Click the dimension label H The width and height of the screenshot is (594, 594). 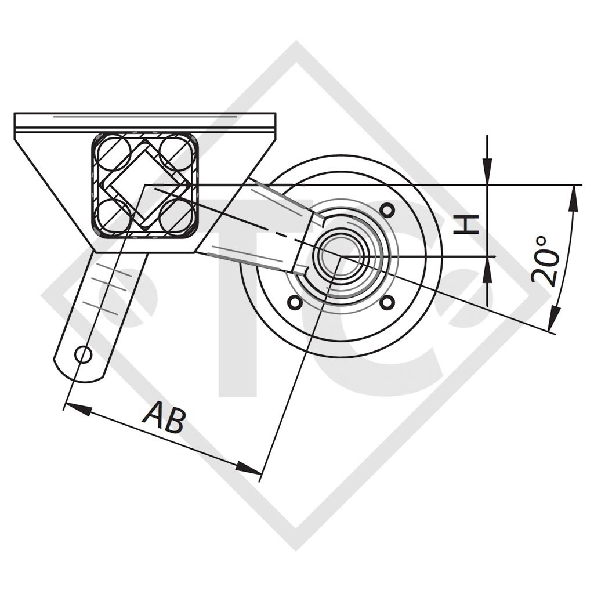[x=467, y=223]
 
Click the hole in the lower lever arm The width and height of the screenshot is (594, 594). [x=84, y=354]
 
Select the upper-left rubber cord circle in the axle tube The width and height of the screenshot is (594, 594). [x=114, y=151]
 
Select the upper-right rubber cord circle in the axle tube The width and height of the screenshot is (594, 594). [x=175, y=151]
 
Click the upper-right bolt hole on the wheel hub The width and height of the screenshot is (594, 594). [x=388, y=208]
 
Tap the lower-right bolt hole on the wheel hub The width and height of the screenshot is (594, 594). [x=388, y=302]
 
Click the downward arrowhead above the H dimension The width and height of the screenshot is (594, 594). [x=487, y=173]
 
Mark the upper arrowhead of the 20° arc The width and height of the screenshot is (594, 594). [x=574, y=198]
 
